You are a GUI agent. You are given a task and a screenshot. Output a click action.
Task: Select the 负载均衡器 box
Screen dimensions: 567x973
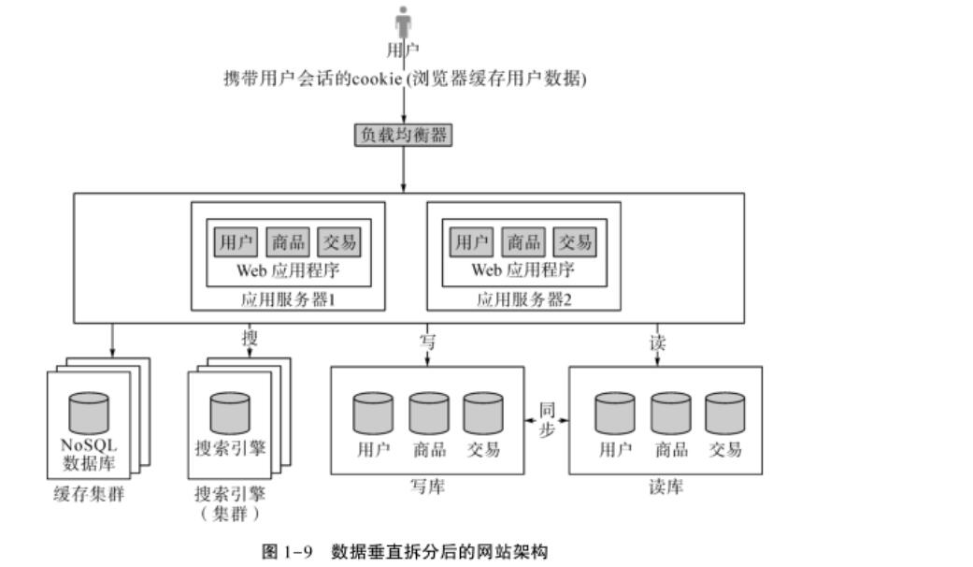pos(403,135)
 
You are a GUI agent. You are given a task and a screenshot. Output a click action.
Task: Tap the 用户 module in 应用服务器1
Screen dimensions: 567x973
pos(234,242)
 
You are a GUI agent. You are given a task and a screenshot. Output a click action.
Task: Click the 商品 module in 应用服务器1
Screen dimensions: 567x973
pos(286,242)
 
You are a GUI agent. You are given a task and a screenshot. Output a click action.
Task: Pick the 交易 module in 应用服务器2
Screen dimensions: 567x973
pos(574,242)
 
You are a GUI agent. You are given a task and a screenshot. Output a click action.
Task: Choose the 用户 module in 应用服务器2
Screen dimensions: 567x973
pos(469,242)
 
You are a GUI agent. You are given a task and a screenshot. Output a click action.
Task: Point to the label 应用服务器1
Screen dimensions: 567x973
pos(288,300)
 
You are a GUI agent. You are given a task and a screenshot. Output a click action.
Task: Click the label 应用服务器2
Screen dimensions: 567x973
pos(523,300)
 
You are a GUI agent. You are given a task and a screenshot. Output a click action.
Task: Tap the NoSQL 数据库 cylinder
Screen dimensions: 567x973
pos(89,413)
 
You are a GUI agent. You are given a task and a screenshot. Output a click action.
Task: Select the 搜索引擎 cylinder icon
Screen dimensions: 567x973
pos(229,413)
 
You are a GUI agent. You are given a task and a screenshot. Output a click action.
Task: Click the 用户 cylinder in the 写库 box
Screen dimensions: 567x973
pos(373,413)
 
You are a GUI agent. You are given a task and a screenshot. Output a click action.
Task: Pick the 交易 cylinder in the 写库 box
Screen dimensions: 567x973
pos(483,413)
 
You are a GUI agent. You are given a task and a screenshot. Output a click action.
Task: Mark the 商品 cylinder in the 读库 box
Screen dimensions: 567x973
pos(671,413)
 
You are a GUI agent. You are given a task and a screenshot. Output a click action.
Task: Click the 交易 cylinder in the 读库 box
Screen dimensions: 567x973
pos(725,413)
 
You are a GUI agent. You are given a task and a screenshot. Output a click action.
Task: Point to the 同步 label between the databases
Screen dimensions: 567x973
pos(548,419)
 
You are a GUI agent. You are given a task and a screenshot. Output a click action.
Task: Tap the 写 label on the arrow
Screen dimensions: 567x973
pos(427,342)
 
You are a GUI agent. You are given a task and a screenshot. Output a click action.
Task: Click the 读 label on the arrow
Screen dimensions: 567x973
pos(658,342)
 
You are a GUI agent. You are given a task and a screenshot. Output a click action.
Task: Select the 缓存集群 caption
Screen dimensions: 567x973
pos(89,494)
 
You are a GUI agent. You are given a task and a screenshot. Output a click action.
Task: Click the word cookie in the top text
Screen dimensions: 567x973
pos(376,80)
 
